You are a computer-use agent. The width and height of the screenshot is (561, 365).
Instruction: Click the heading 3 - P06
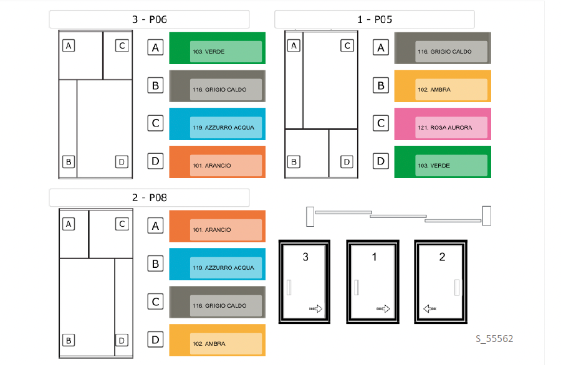tap(149, 19)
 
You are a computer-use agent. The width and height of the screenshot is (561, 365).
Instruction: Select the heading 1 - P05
tap(374, 19)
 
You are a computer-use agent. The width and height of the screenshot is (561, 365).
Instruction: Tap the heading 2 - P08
tap(149, 198)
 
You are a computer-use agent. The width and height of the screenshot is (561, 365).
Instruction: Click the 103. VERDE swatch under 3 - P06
tap(217, 48)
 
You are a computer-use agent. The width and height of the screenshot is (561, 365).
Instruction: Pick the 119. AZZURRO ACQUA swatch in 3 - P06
tap(217, 124)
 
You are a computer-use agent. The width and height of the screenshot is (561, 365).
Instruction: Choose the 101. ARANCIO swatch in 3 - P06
tap(217, 162)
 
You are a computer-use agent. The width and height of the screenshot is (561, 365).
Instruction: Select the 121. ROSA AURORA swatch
tap(443, 124)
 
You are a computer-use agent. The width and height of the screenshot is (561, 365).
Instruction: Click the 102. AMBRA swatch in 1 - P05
tap(443, 86)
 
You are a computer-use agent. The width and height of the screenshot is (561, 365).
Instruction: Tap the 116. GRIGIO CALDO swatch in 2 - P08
tap(217, 302)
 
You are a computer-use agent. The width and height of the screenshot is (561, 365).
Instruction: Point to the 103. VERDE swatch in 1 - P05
tap(443, 162)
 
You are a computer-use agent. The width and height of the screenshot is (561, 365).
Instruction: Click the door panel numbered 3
tap(305, 282)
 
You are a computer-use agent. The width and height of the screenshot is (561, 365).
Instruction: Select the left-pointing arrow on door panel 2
tap(429, 308)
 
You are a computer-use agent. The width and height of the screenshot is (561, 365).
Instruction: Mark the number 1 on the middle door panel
tap(374, 257)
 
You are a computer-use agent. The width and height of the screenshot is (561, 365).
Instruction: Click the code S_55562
tap(494, 339)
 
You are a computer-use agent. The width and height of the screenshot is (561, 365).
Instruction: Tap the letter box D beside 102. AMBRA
tap(156, 339)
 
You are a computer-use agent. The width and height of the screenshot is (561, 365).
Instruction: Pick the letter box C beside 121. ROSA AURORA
tap(381, 123)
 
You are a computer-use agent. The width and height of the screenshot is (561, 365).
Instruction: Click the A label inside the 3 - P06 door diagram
tap(69, 45)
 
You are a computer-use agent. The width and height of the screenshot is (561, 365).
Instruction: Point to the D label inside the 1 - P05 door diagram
tap(347, 162)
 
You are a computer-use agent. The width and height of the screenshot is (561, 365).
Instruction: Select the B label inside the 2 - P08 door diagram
tap(69, 340)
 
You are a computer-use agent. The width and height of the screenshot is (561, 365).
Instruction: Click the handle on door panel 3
tap(289, 288)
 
